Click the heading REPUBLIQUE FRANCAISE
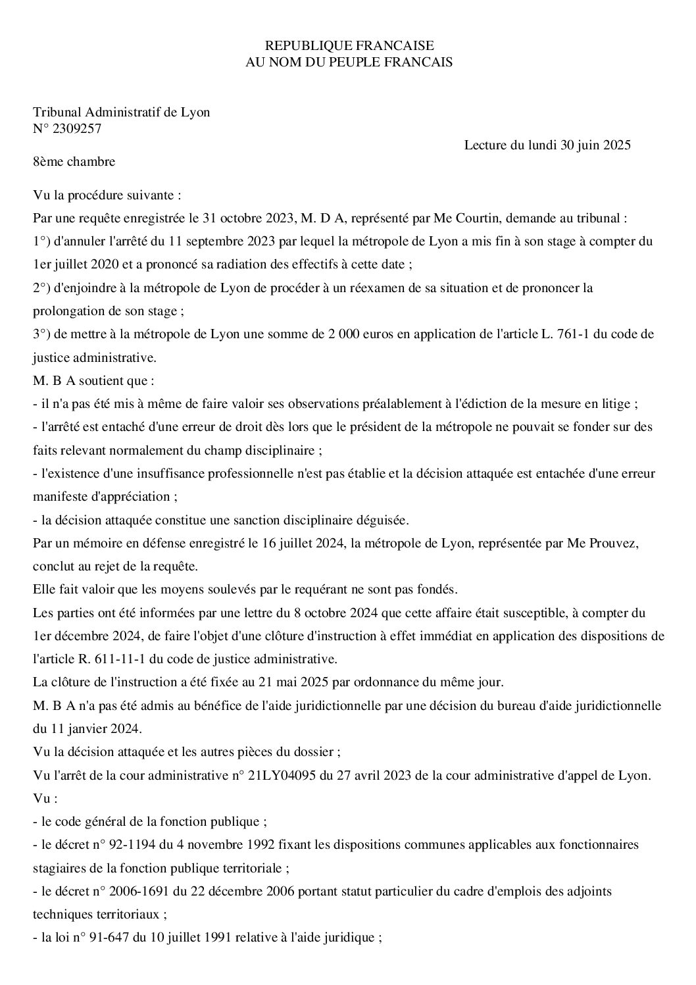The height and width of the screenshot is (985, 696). (349, 45)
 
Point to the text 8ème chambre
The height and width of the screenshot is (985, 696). (74, 161)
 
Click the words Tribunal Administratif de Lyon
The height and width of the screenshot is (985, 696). (122, 112)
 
